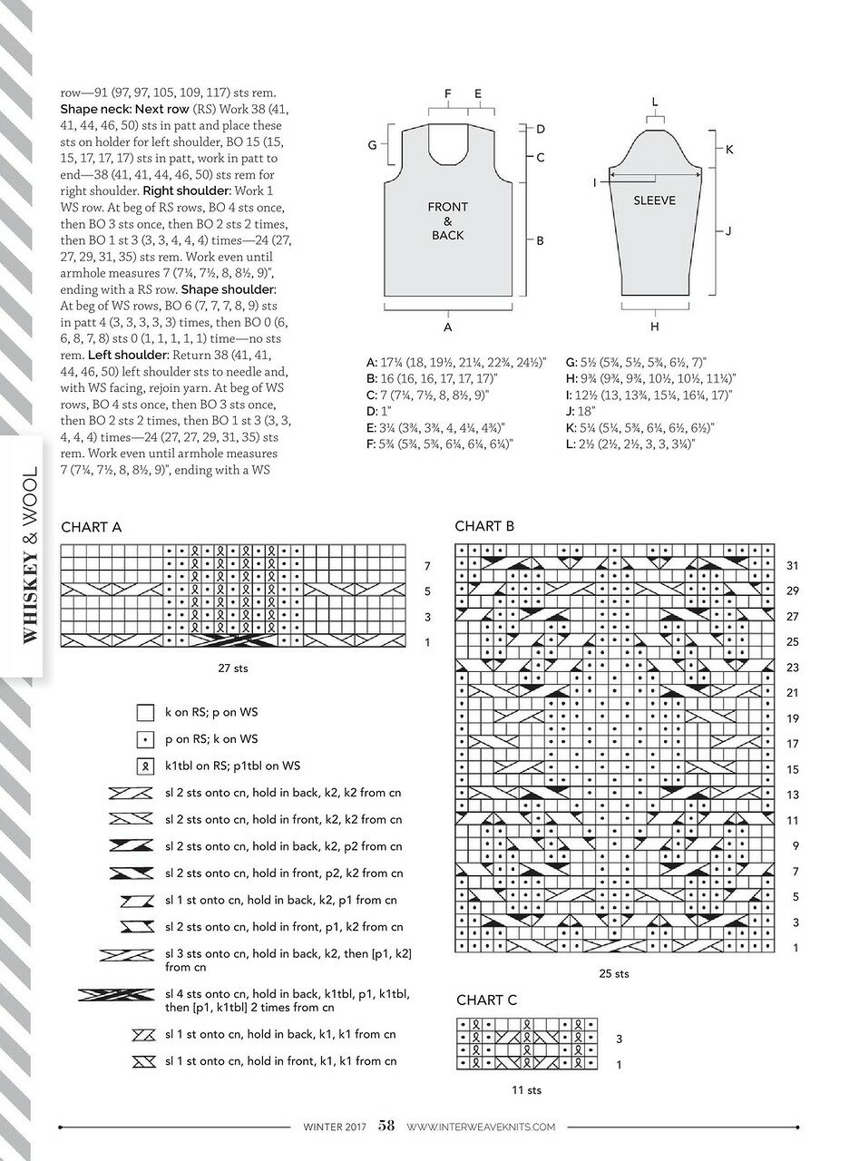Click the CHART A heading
point(91,527)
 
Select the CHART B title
point(484,526)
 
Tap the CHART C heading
point(486,1000)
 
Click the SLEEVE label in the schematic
point(654,200)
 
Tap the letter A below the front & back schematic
point(447,327)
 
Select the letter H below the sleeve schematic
point(654,327)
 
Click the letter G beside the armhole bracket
point(372,145)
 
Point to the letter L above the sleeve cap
point(655,102)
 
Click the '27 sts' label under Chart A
point(233,668)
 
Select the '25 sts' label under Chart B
point(614,973)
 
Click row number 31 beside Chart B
point(793,565)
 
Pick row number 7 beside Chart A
point(427,566)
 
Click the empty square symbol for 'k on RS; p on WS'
point(145,712)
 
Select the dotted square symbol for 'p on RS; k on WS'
point(145,739)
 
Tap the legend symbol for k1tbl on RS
point(145,766)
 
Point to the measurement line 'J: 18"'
point(581,412)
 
